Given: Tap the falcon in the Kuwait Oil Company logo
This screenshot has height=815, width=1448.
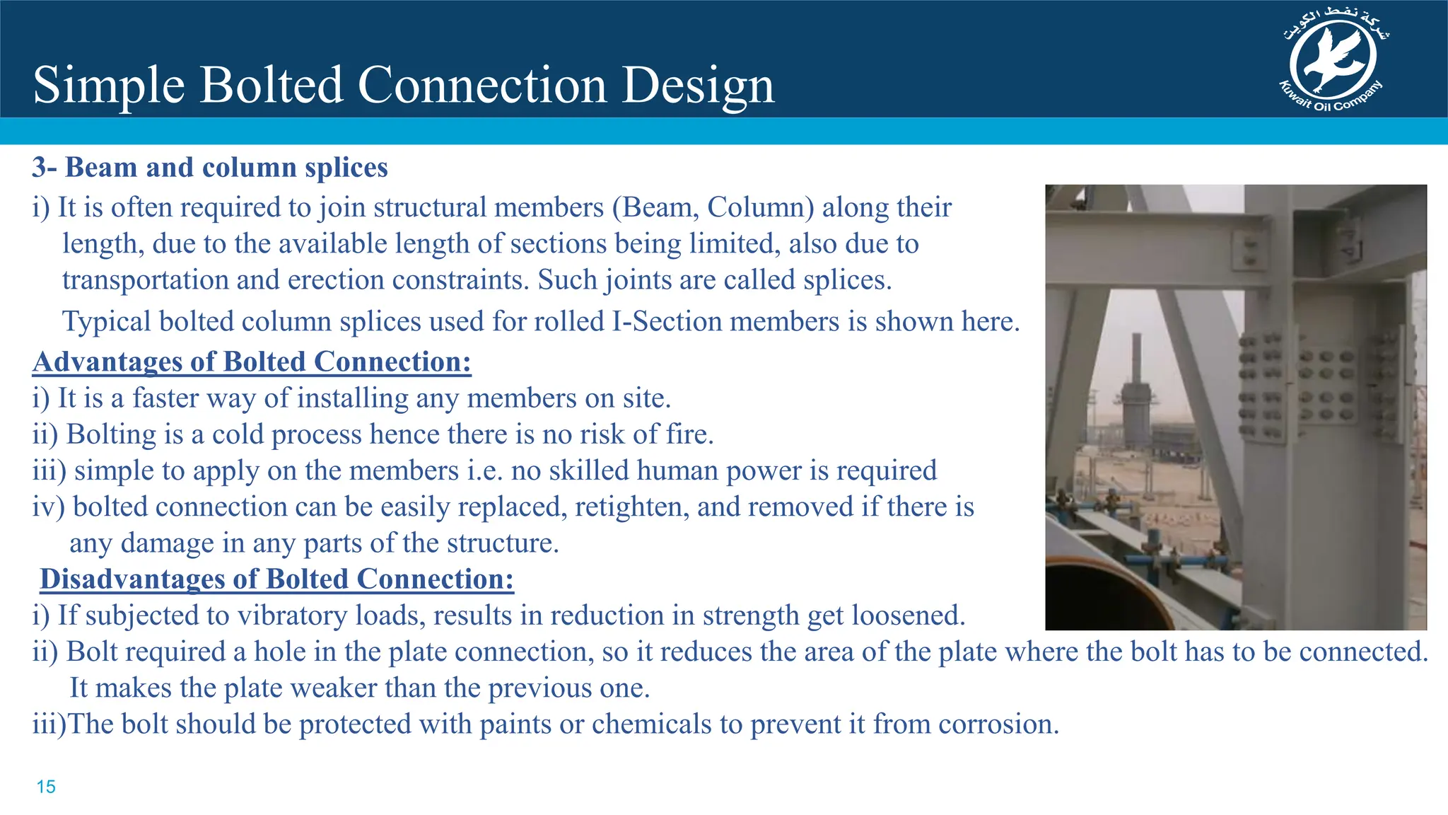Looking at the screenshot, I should click(1333, 59).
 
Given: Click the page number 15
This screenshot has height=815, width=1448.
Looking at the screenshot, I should click(46, 787).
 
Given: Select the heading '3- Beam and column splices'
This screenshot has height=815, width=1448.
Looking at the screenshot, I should click(210, 168).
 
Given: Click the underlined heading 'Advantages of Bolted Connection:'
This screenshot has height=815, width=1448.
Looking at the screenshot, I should click(252, 362).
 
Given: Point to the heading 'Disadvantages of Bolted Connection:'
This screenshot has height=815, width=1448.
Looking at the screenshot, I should click(276, 579).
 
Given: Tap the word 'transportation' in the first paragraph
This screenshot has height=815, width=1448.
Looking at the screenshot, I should click(145, 280).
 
